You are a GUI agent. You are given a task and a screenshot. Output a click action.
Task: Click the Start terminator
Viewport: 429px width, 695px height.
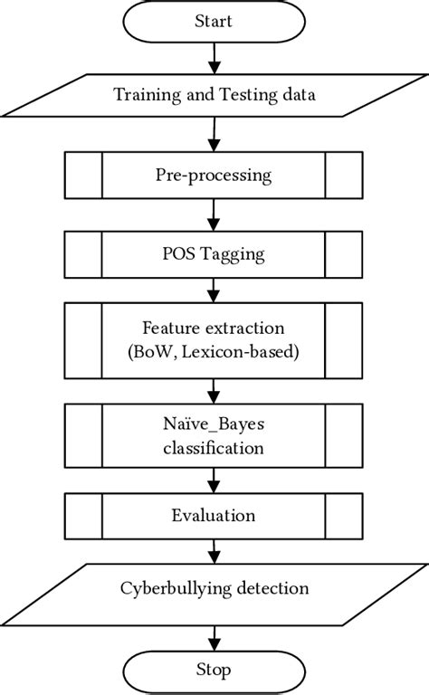[x=214, y=20]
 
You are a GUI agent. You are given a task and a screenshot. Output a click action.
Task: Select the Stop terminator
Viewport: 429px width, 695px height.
[x=214, y=670]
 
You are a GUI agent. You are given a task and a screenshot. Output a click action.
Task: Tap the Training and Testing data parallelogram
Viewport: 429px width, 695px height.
[x=214, y=94]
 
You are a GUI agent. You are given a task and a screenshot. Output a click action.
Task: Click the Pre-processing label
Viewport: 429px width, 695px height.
[x=214, y=174]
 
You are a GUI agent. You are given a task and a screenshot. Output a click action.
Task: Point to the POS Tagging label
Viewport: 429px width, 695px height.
[x=214, y=254]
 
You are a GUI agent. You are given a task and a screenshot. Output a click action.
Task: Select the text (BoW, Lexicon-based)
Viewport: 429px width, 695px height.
[x=214, y=353]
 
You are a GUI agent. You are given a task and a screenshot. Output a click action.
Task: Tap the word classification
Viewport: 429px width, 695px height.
[x=214, y=447]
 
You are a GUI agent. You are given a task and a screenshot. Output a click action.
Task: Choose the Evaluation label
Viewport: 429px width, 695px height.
[x=214, y=515]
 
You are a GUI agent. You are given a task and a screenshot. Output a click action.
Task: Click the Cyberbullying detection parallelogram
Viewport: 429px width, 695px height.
[x=214, y=589]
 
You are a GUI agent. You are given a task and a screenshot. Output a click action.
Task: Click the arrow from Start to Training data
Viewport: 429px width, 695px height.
[x=214, y=57]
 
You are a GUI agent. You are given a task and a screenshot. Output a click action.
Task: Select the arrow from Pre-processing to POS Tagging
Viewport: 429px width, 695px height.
[x=214, y=214]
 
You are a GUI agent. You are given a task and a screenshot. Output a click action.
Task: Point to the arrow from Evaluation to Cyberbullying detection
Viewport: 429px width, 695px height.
[x=214, y=550]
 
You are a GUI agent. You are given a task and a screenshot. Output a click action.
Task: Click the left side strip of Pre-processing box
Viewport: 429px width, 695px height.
[x=83, y=174]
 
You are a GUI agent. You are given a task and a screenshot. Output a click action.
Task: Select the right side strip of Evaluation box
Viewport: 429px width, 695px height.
[x=345, y=515]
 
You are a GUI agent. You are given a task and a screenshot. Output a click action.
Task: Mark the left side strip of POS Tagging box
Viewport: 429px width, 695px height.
[x=83, y=254]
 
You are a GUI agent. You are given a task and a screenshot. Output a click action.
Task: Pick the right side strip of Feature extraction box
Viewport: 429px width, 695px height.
[x=345, y=341]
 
